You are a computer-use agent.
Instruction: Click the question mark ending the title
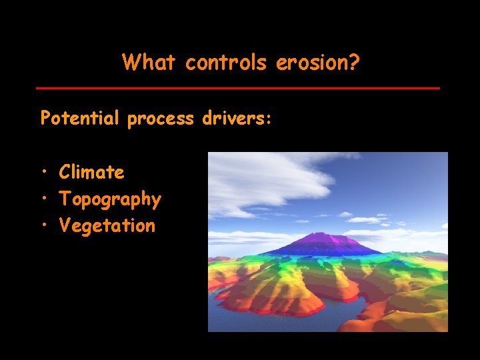pyautogui.click(x=354, y=63)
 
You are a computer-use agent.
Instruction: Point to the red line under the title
pyautogui.click(x=238, y=88)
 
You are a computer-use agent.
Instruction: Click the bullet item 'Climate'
pyautogui.click(x=91, y=173)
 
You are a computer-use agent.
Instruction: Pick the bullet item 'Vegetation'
pyautogui.click(x=107, y=226)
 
